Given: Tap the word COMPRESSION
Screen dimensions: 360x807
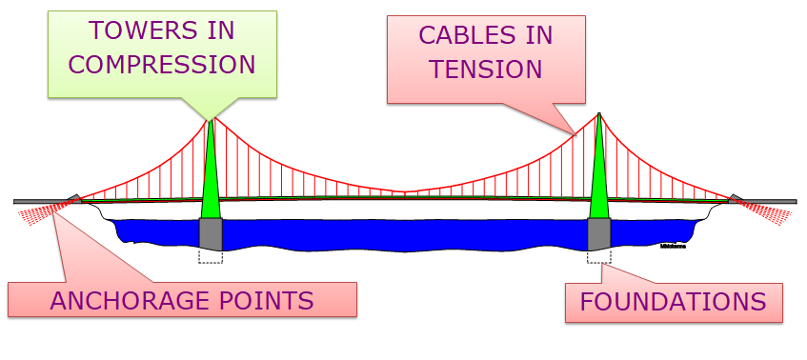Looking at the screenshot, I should click(163, 64).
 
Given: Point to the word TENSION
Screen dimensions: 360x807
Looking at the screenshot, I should click(486, 70).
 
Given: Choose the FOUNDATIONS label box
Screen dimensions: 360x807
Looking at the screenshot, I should click(674, 303).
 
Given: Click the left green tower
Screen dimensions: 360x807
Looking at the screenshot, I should click(211, 176).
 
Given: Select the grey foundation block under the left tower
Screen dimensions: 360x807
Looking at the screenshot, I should click(211, 234).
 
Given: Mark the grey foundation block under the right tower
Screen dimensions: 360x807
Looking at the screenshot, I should click(598, 234).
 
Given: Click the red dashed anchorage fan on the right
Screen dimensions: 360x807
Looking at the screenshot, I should click(772, 212).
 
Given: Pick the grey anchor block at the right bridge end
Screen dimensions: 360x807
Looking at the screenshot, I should click(736, 199).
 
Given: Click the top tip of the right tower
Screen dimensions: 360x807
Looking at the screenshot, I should click(598, 114).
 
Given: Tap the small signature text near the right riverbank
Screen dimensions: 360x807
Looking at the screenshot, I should click(673, 245).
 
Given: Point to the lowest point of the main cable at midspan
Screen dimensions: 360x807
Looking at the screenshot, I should click(406, 192).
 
